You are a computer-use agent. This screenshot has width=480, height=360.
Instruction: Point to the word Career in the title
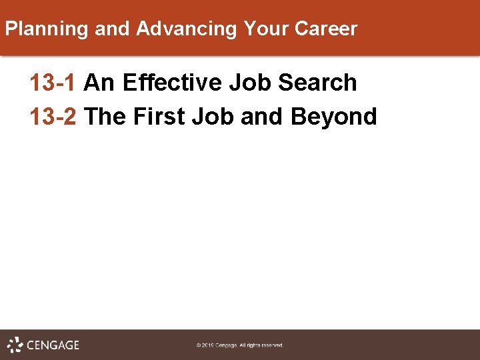326,29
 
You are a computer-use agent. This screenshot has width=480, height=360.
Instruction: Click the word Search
317,83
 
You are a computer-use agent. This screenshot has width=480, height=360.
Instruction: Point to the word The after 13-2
107,116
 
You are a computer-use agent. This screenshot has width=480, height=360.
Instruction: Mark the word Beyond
334,117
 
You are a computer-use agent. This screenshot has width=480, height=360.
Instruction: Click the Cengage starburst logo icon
15,345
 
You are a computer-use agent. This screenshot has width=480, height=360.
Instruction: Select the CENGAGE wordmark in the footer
53,345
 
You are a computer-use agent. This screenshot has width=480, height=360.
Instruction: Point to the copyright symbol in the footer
198,345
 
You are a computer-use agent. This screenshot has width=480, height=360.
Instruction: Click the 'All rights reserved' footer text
261,345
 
